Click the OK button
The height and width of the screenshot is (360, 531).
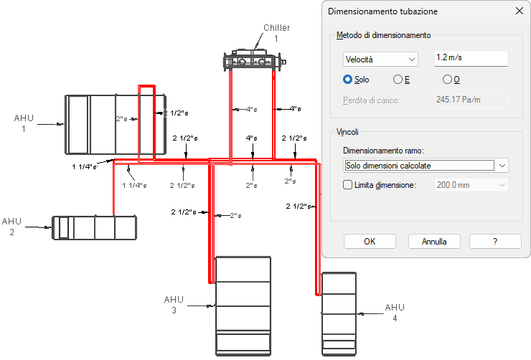point(370,241)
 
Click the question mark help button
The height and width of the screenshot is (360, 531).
point(495,241)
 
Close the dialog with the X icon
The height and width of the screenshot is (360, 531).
point(519,11)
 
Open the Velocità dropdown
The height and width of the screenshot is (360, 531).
point(380,60)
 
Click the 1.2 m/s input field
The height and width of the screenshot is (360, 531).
point(471,58)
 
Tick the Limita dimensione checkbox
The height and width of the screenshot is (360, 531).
point(347,185)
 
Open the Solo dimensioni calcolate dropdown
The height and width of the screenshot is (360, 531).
point(426,166)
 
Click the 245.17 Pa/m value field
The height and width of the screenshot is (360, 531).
point(471,100)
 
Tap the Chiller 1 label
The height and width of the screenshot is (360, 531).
point(277,33)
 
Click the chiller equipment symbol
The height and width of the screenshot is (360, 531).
point(254,60)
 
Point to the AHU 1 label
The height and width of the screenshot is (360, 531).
point(24,123)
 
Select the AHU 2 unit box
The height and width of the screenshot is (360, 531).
point(94,227)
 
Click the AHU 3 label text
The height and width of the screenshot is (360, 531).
point(174,305)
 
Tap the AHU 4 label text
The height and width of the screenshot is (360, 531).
point(395,312)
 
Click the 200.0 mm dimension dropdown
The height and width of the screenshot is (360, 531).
point(471,185)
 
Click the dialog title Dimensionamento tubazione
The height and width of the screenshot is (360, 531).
point(382,11)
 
